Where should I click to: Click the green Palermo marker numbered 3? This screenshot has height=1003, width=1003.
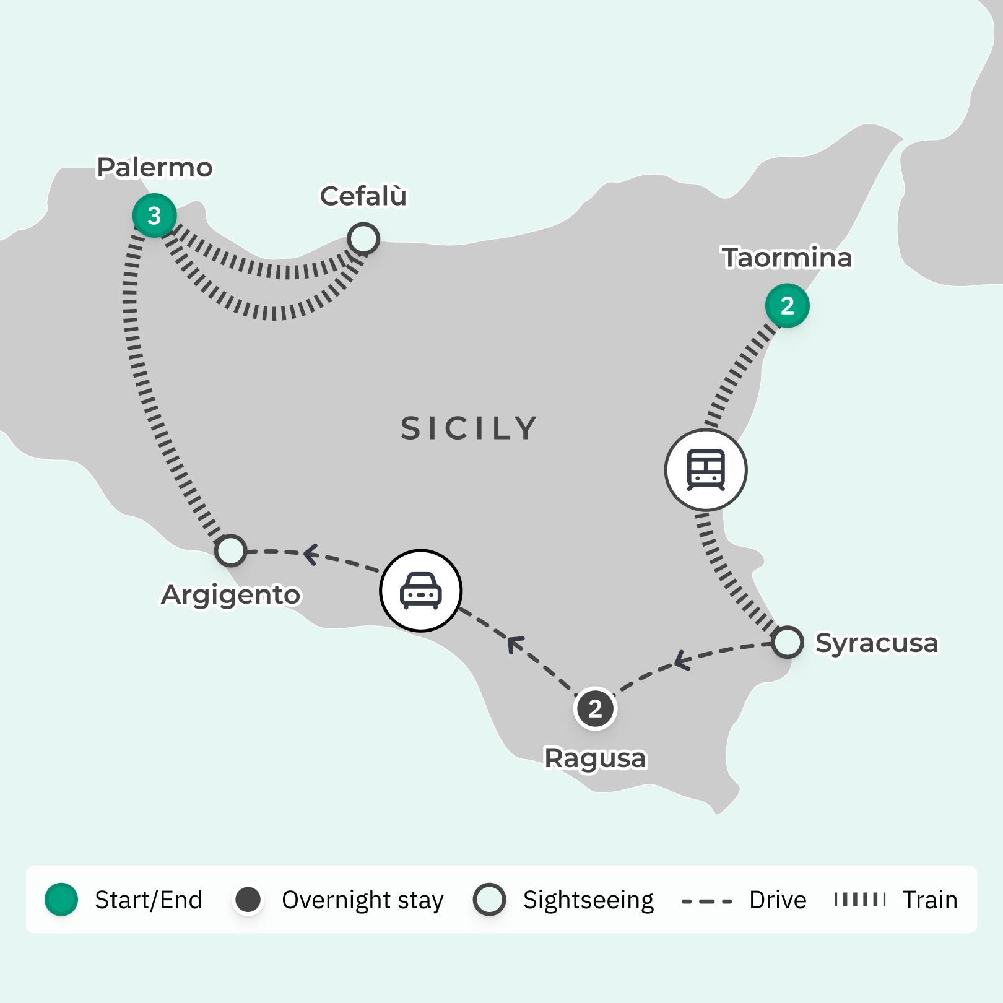point(154,215)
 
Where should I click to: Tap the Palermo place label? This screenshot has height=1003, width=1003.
point(155,168)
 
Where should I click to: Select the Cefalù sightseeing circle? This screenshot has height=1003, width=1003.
point(363,238)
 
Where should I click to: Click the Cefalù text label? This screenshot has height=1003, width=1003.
point(363,196)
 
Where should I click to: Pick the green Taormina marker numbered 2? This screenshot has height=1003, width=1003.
point(787,305)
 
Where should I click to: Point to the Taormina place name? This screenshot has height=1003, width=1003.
point(787,258)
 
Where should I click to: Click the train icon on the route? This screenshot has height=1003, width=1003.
point(706,470)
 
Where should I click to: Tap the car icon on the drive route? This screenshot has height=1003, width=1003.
point(421,590)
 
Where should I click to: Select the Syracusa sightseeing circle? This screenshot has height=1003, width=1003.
point(788,642)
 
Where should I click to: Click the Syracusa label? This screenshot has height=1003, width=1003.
point(876,643)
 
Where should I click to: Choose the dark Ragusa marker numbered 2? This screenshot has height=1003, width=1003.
point(595,708)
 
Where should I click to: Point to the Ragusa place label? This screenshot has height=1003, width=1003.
point(595,758)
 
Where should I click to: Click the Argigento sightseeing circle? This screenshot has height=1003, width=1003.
point(231,550)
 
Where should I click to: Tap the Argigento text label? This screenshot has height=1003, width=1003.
point(231,595)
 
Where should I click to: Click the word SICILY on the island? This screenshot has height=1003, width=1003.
point(469,428)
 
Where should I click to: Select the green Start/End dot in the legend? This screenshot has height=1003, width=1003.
point(61,900)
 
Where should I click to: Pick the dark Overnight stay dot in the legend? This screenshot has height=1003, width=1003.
point(248,900)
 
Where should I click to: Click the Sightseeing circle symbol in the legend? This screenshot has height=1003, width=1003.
point(489,900)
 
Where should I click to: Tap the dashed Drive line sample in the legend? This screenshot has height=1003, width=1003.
point(706,901)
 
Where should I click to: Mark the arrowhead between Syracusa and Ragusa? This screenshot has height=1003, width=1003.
point(681,660)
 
